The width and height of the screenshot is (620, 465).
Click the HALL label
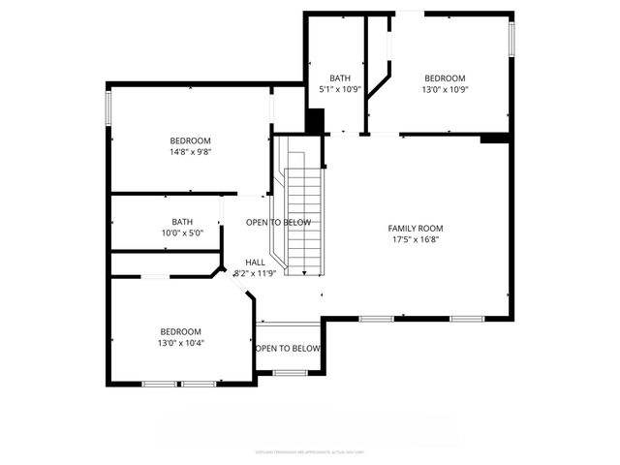tap(255, 263)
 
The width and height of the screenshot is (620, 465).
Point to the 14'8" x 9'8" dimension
tap(190, 152)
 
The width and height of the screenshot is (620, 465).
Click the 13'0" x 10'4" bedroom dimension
tap(181, 342)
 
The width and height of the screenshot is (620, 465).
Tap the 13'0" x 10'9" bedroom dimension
tap(445, 90)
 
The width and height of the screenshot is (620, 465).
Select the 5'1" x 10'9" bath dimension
tap(339, 90)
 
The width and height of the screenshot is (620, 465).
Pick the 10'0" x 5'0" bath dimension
tap(182, 232)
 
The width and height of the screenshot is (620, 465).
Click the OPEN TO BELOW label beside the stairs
tap(278, 223)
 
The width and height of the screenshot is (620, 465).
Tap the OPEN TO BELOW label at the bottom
tap(288, 348)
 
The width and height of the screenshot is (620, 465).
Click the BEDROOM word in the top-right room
tap(445, 78)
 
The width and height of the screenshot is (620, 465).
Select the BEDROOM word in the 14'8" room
tap(190, 141)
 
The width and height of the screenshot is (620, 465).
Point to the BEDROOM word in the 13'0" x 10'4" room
tap(181, 331)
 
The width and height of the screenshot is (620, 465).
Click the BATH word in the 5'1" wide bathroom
tap(339, 78)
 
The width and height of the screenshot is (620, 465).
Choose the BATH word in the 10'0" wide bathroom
tap(182, 222)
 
